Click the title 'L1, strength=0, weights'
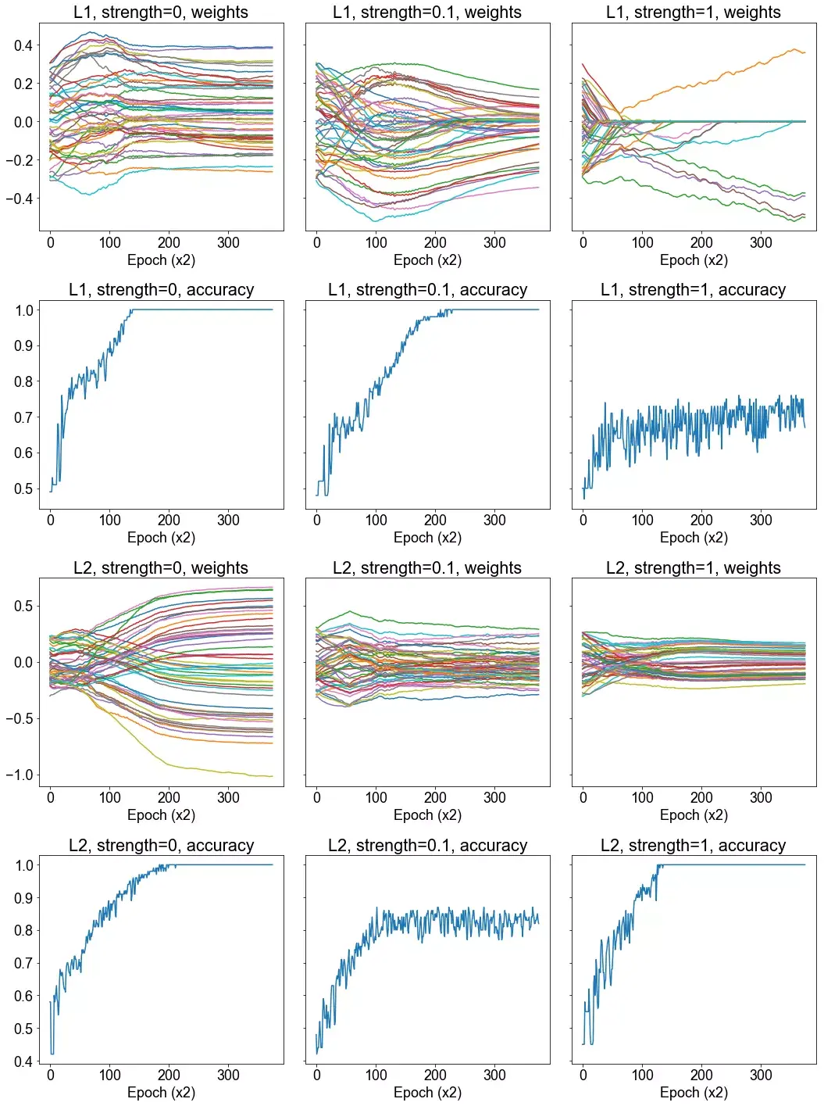(x=161, y=13)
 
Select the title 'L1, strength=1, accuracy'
(x=693, y=290)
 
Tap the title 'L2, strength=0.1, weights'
(x=427, y=568)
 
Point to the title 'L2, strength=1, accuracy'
(x=693, y=846)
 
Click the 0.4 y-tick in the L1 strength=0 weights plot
(x=23, y=45)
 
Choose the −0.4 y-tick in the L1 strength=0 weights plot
(x=20, y=199)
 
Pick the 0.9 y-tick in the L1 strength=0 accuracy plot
(x=23, y=345)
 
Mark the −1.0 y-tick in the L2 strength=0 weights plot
(x=20, y=775)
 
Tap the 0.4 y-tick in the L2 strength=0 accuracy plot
(x=23, y=1061)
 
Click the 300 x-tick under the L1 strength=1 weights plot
(x=761, y=242)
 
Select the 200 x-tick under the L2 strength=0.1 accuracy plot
(x=435, y=1075)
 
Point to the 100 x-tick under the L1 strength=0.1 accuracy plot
(x=376, y=520)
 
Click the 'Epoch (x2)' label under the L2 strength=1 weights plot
(x=694, y=815)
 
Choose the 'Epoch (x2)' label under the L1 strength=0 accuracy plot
(x=161, y=538)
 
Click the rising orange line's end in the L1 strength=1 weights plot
(x=804, y=52)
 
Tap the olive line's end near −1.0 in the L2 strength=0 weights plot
(x=272, y=776)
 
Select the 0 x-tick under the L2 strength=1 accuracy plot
(x=583, y=1075)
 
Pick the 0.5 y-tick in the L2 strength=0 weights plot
(x=23, y=606)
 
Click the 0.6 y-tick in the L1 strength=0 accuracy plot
(x=23, y=453)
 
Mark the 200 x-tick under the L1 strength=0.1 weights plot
(x=435, y=242)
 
